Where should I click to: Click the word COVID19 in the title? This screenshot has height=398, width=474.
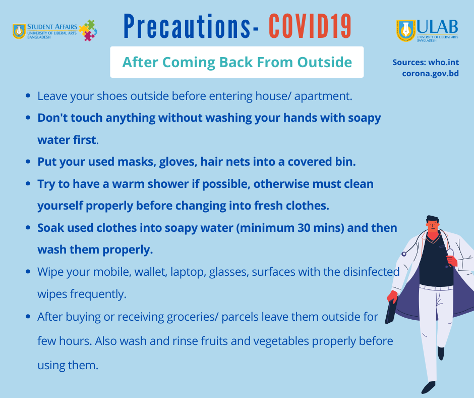(310, 26)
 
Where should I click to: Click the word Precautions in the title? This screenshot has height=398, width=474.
(187, 26)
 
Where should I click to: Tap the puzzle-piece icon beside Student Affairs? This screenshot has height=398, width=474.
(88, 30)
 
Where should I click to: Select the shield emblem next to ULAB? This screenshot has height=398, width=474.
(406, 31)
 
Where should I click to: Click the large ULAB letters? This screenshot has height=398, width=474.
(437, 27)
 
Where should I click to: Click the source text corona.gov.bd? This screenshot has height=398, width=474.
(431, 74)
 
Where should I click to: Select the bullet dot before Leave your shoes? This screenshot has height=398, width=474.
(28, 96)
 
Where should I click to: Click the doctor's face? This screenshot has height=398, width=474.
(433, 226)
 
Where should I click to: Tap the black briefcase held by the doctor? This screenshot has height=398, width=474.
(391, 309)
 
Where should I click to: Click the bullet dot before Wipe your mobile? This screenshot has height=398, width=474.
(28, 272)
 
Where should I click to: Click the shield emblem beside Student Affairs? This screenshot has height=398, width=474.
(19, 31)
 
